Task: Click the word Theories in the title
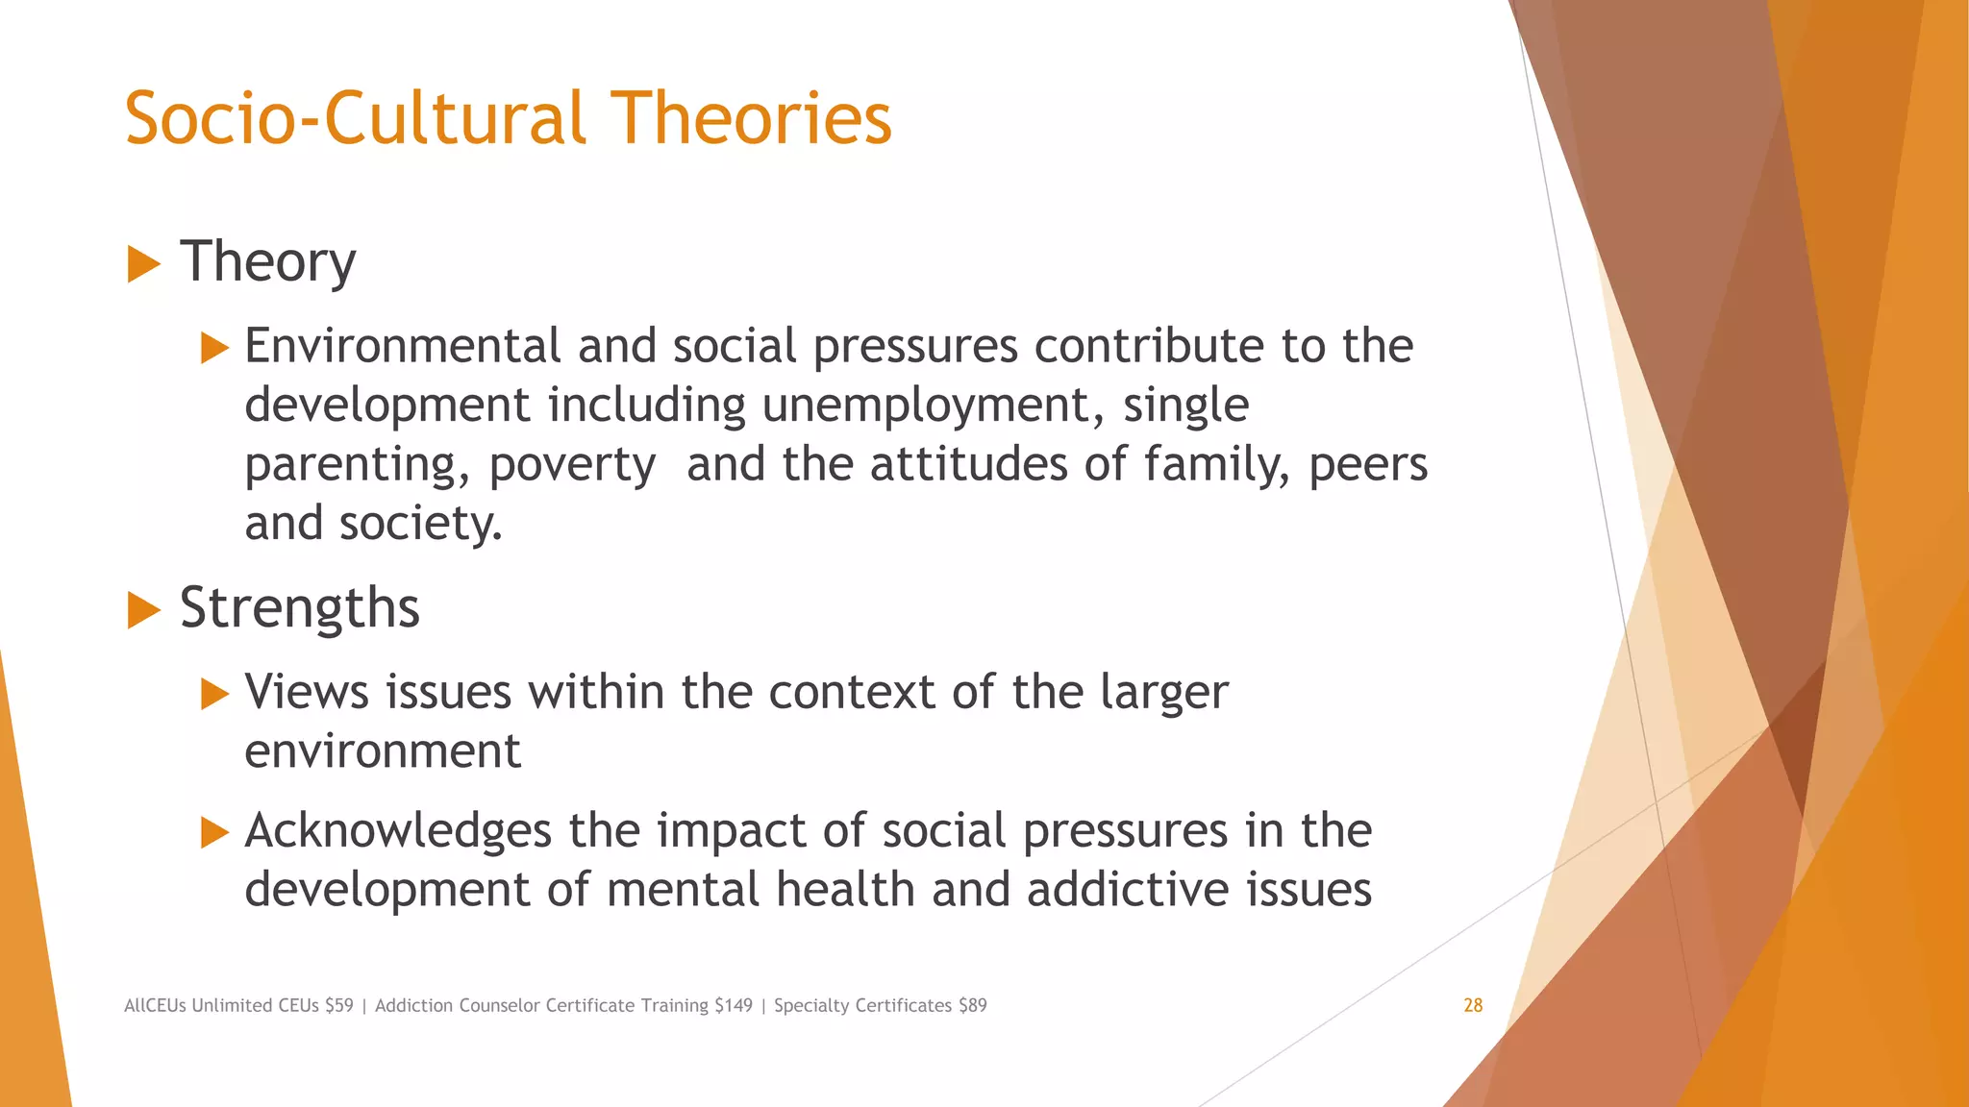pos(751,118)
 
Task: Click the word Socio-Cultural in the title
pos(355,118)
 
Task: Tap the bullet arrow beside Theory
pos(143,263)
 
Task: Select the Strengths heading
pos(300,608)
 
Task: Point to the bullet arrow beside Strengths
pos(143,610)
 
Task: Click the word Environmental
pos(402,346)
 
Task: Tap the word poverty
pos(572,466)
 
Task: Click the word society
pos(419,524)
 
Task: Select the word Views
pos(307,692)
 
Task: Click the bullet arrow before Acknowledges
pos(214,832)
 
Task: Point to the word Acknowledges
pos(398,831)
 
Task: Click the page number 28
pos(1473,1005)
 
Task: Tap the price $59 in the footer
pos(339,1005)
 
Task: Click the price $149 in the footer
pos(734,1005)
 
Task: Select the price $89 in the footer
pos(972,1005)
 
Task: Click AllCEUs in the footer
pos(156,1005)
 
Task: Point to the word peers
pos(1368,465)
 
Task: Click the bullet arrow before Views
pos(214,694)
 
